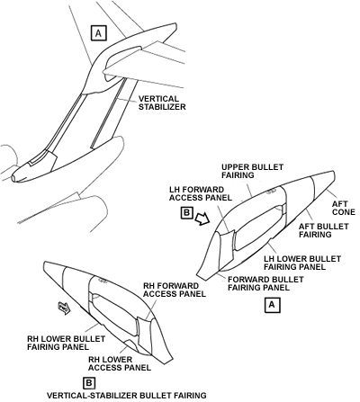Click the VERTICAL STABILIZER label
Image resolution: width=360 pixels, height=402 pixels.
click(162, 103)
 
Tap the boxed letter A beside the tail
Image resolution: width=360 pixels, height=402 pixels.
click(99, 33)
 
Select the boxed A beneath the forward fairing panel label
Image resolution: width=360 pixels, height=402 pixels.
click(272, 305)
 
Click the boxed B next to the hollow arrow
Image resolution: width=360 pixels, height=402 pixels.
click(187, 213)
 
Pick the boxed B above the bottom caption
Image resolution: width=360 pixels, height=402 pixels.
click(89, 383)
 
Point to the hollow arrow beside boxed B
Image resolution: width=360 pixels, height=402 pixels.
click(202, 219)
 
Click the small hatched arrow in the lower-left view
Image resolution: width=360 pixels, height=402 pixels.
click(64, 308)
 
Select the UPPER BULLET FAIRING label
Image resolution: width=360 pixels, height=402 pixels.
click(252, 171)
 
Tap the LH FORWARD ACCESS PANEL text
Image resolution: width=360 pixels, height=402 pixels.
click(201, 193)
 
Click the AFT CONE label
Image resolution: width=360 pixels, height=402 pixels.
click(343, 208)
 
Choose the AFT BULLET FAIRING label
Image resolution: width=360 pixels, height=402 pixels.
click(324, 230)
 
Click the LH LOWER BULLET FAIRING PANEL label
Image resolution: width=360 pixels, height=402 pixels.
click(302, 263)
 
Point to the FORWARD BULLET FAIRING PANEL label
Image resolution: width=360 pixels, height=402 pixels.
click(265, 283)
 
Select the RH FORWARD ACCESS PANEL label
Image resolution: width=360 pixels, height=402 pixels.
click(175, 290)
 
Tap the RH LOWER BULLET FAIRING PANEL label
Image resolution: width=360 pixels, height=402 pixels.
click(66, 343)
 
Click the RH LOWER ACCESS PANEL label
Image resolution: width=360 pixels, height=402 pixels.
click(120, 363)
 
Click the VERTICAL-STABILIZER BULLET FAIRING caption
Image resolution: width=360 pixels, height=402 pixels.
click(127, 396)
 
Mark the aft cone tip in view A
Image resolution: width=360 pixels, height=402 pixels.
click(333, 172)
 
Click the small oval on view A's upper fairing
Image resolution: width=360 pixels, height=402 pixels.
click(272, 192)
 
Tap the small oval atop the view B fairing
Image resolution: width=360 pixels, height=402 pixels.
click(103, 281)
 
